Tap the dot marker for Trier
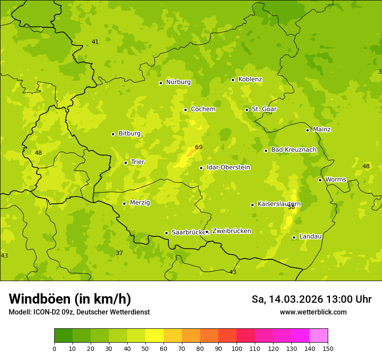click(126, 163)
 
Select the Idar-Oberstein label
click(228, 167)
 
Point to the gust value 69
click(199, 147)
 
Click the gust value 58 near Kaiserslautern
click(291, 207)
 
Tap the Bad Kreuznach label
click(293, 150)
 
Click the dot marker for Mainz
click(307, 130)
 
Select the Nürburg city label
click(178, 82)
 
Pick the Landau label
click(310, 236)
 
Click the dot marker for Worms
click(320, 180)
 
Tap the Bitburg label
click(129, 134)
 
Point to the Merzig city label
click(140, 203)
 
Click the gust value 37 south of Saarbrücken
click(119, 253)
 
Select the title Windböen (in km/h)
click(70, 299)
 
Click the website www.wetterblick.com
click(313, 312)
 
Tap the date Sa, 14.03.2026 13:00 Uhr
click(311, 299)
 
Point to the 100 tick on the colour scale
click(237, 348)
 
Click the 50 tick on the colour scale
click(145, 348)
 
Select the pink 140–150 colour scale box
click(319, 336)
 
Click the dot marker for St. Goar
click(247, 110)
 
